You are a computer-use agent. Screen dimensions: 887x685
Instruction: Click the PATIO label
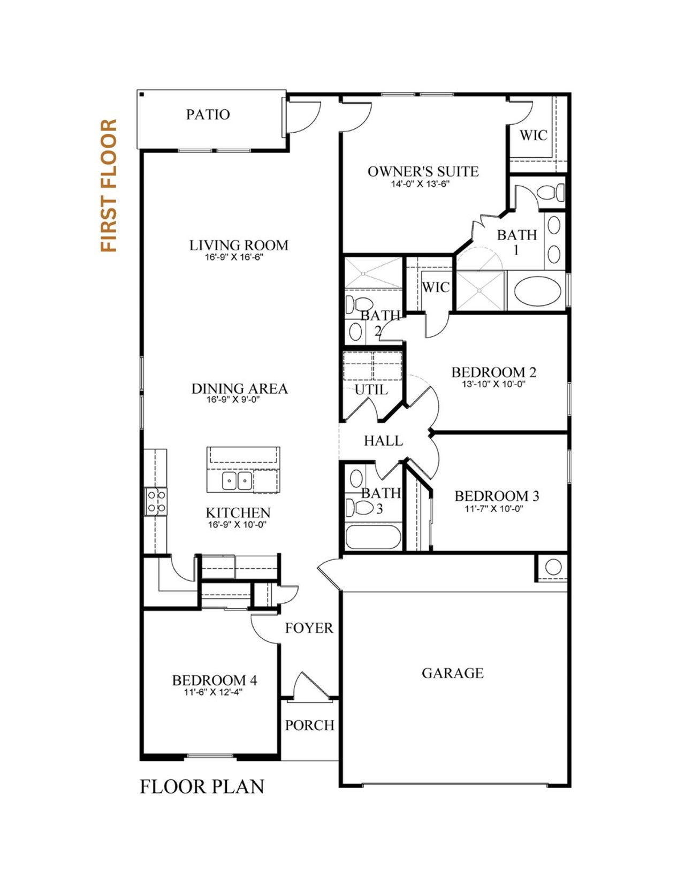208,114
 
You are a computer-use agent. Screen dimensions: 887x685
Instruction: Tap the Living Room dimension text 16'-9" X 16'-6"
234,257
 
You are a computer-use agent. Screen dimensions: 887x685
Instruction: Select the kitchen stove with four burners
156,502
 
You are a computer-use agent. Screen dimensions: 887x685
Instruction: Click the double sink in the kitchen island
237,480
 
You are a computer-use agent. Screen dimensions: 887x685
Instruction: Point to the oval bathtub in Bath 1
537,291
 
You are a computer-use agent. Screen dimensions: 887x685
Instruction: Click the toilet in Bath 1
551,193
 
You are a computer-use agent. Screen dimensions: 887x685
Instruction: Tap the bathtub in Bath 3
373,537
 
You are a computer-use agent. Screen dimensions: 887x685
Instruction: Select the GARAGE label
452,673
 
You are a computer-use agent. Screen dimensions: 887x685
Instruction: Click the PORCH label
309,725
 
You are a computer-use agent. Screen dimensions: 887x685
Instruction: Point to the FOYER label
309,628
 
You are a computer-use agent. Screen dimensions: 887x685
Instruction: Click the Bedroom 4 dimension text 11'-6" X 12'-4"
213,692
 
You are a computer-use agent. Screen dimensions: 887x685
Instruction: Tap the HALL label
383,441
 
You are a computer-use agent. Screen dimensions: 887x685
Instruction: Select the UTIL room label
371,390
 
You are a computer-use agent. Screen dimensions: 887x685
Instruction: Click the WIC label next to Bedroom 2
435,288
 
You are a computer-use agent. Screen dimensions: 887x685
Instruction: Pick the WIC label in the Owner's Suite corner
533,135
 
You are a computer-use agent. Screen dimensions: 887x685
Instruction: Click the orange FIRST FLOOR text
109,185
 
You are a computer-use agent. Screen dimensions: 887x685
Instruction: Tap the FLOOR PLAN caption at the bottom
202,787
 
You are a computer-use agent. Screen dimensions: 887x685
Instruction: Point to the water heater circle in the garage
553,566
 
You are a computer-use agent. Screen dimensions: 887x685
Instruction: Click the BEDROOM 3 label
496,496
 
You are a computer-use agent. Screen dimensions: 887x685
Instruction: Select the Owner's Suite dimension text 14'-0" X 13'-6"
420,184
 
